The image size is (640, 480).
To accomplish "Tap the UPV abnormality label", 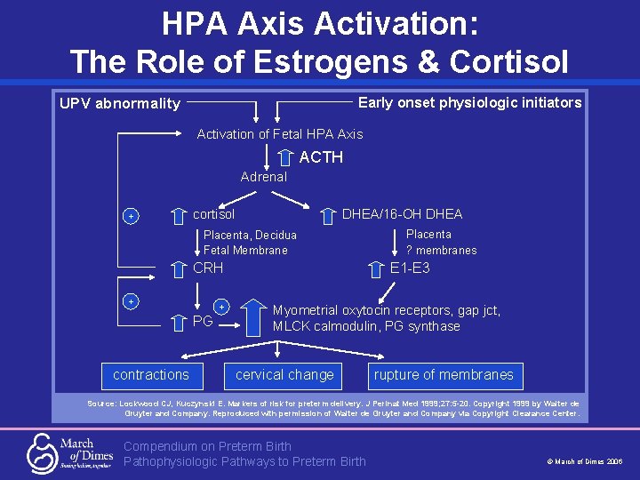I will coord(120,103).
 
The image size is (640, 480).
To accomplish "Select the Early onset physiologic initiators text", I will coord(469,102).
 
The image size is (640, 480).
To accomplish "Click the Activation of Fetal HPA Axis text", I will coord(279,134).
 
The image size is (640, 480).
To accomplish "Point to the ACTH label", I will coord(321,157).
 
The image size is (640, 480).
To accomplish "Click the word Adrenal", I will coord(263,177).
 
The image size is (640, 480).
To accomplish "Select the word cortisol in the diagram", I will coord(214,214).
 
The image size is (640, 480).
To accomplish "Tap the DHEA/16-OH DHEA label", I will coord(402,214).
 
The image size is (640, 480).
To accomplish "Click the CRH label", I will coord(208,268).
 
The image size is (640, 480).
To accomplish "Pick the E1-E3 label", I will coord(410,268).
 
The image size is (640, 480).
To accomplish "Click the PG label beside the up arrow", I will coord(203,321).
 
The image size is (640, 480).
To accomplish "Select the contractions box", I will coord(151,375).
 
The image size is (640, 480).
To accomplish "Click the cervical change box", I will coord(284,375).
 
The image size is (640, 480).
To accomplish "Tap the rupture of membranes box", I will coord(444,375).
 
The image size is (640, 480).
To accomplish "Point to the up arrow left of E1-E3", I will coord(375,268).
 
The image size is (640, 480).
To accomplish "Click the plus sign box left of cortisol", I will coord(131,216).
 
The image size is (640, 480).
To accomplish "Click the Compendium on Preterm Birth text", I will coord(207,446).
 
